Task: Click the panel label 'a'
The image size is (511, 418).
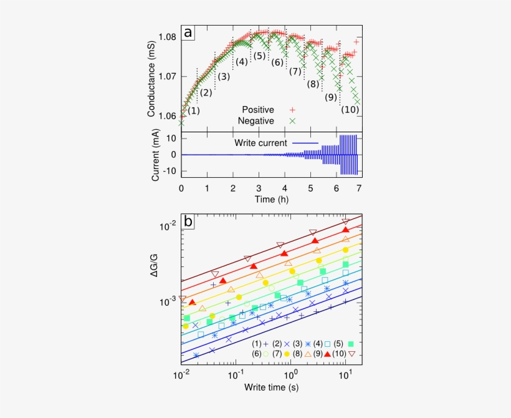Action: pyautogui.click(x=188, y=33)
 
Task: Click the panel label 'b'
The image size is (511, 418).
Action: pyautogui.click(x=188, y=221)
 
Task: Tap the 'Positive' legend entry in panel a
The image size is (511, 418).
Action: pyautogui.click(x=258, y=110)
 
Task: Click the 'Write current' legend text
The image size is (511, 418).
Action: pyautogui.click(x=260, y=143)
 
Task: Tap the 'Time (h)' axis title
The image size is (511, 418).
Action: pyautogui.click(x=270, y=199)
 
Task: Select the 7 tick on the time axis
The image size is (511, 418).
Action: pyautogui.click(x=358, y=188)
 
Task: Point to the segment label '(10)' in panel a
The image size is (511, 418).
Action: pyautogui.click(x=350, y=110)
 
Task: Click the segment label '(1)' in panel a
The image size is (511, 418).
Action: pyautogui.click(x=194, y=110)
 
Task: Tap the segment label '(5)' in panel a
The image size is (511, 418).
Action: pyautogui.click(x=260, y=56)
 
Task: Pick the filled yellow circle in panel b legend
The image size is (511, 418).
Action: pyautogui.click(x=287, y=354)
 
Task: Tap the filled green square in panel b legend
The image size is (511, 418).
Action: pyautogui.click(x=351, y=344)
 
